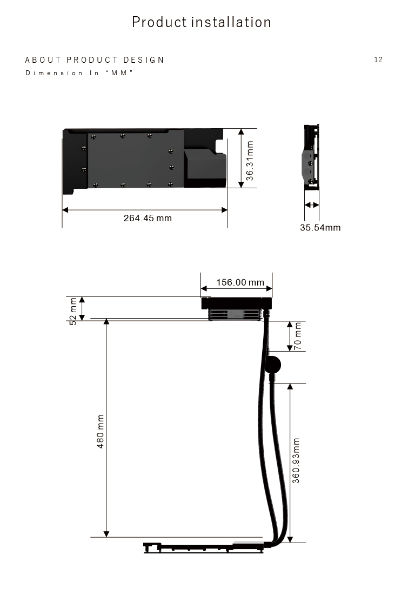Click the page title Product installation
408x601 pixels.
click(202, 22)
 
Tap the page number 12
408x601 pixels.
click(378, 60)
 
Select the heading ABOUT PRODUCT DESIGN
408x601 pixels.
click(95, 60)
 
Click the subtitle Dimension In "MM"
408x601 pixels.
click(79, 73)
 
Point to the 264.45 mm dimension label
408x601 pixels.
click(148, 218)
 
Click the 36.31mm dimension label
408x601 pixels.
click(250, 161)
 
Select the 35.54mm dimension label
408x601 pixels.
click(320, 227)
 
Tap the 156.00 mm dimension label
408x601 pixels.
click(240, 282)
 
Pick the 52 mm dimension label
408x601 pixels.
click(73, 311)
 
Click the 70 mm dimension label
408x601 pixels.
click(298, 336)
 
